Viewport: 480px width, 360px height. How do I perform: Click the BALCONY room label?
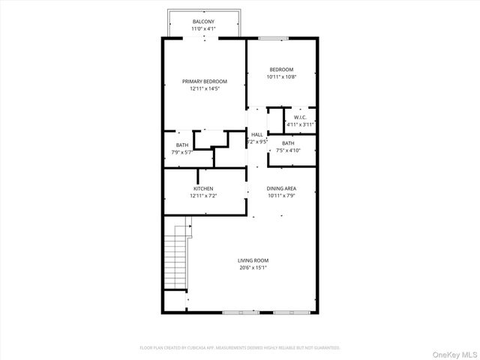[203, 22]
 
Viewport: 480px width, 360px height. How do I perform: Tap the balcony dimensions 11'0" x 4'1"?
[203, 29]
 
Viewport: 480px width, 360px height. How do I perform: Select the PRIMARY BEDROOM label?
[204, 81]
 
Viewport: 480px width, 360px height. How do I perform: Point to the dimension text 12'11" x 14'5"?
[204, 88]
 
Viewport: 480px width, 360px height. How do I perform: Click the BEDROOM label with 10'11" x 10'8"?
[282, 69]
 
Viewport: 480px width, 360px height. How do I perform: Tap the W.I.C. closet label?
[300, 117]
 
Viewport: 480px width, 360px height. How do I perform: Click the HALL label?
[257, 134]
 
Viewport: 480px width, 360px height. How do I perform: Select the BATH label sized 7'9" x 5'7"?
[182, 145]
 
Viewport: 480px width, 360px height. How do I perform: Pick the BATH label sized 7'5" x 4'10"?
[288, 143]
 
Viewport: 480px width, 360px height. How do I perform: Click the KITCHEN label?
[203, 188]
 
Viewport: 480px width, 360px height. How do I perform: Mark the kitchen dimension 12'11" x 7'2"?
[203, 196]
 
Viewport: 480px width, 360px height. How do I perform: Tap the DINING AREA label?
[282, 188]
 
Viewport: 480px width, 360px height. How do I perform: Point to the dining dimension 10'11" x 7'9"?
[282, 196]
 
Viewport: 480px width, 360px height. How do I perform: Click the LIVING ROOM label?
[253, 260]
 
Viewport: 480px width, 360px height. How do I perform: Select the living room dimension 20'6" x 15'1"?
[253, 268]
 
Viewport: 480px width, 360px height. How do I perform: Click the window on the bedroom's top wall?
[274, 37]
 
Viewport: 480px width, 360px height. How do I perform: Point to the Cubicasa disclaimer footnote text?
[240, 348]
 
